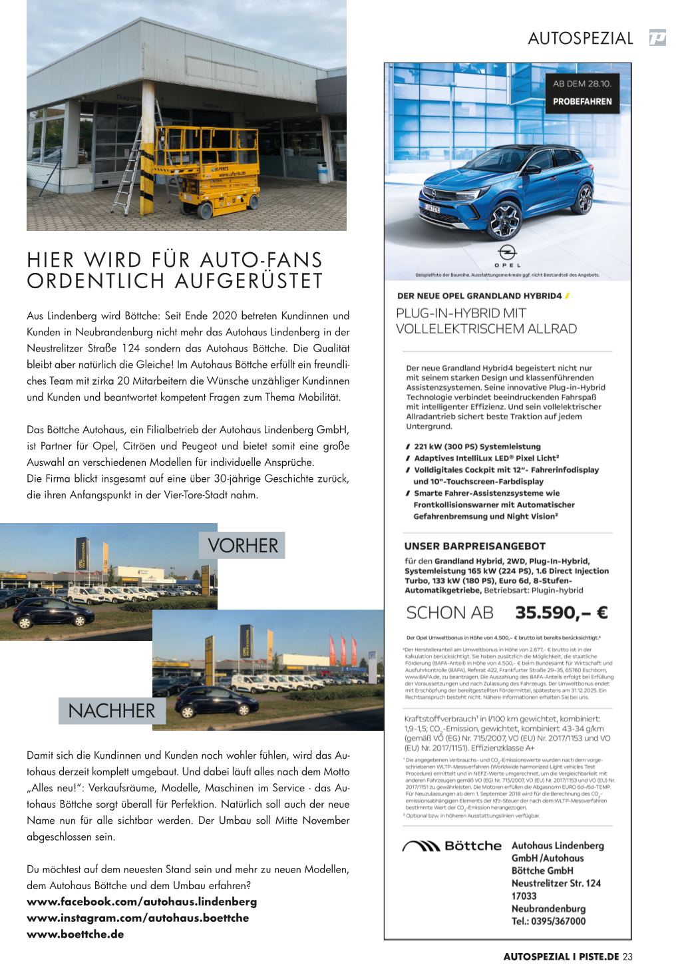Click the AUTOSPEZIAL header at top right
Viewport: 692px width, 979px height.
tap(580, 39)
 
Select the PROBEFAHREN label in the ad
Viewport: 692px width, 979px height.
tap(582, 102)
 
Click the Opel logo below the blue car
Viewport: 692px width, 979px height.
tap(508, 254)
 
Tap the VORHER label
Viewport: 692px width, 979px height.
tap(242, 545)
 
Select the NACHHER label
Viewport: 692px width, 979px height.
tap(111, 711)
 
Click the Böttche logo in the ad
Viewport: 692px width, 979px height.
tap(452, 846)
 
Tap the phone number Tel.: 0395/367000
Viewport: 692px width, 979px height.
tap(549, 921)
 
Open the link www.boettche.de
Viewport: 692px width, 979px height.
tap(75, 934)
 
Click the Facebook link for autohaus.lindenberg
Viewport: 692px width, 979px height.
tap(142, 902)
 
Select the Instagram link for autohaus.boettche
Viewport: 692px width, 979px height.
tap(138, 918)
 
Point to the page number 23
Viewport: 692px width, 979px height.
tap(627, 957)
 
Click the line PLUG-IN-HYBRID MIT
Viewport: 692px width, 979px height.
tap(461, 313)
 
